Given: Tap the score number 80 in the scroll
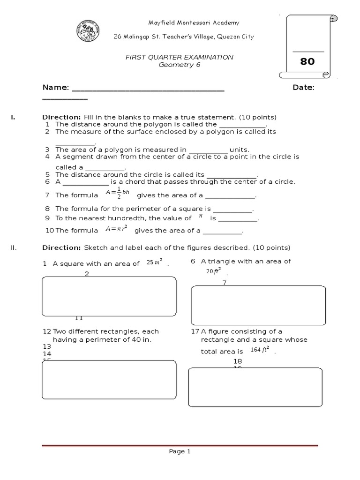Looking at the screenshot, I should coord(307,61).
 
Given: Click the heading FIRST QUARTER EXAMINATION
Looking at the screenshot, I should coord(179,57).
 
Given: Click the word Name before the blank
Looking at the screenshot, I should coord(55,87).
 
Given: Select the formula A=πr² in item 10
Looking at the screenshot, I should coord(117,230).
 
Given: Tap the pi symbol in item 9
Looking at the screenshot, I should coord(200,217).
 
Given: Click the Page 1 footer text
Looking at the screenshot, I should coord(180,452).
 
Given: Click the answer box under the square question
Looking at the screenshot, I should coord(109,296).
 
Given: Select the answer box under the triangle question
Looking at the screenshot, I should coord(258,305).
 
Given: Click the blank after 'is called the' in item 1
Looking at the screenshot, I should coord(242,125).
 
